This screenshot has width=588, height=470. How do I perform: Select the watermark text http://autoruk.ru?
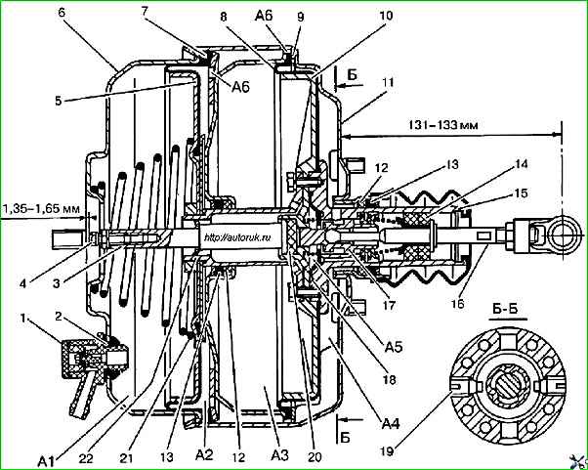[237, 236]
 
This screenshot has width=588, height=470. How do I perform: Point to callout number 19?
[388, 451]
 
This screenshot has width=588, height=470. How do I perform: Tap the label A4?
[391, 425]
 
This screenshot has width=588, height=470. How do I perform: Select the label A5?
[393, 347]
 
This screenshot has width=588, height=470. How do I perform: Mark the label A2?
[204, 455]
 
